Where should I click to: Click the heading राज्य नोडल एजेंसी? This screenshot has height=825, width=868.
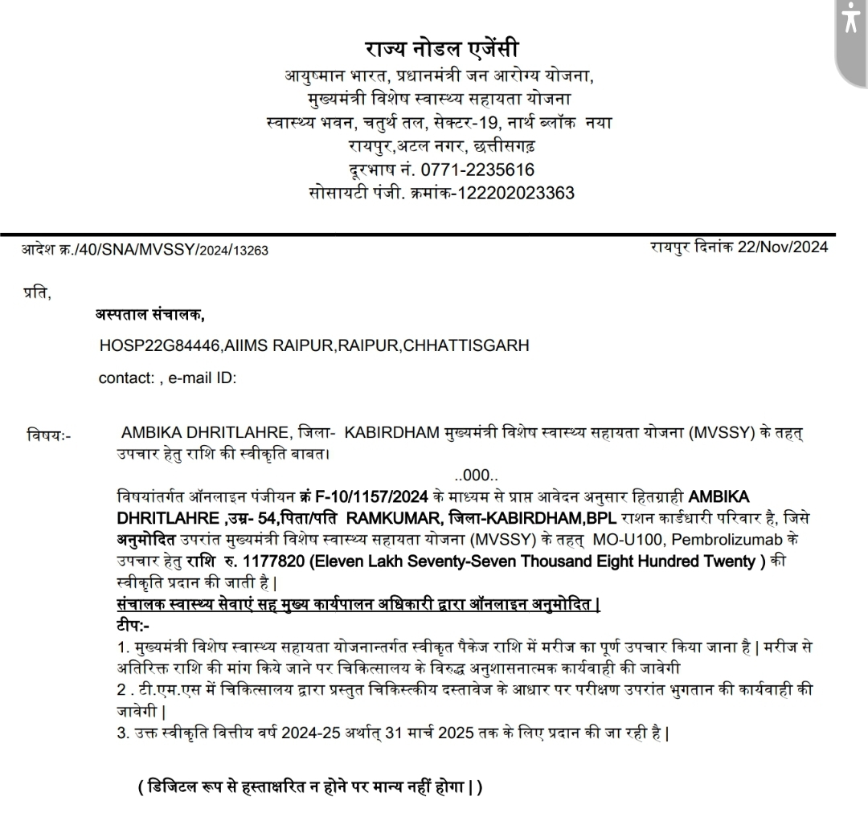(x=448, y=47)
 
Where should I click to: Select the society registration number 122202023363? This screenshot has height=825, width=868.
(x=515, y=193)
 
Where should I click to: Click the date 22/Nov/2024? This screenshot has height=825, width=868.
(x=783, y=247)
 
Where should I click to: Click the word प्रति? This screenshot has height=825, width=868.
(x=37, y=294)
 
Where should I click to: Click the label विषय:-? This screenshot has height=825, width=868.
(x=49, y=436)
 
